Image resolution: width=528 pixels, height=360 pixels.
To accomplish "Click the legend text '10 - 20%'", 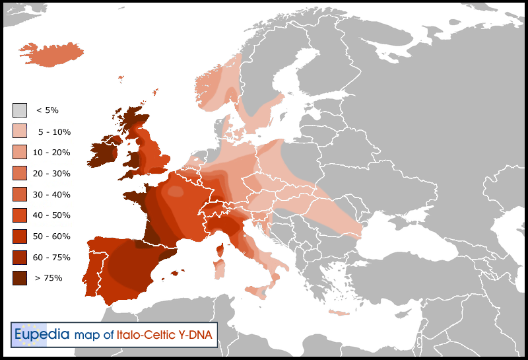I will tap(51, 153).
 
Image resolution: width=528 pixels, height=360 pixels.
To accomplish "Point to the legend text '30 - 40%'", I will tap(51, 195).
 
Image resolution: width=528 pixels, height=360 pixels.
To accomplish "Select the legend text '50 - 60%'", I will tap(51, 236).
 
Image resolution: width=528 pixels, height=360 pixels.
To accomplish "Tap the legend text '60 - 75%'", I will tap(51, 258).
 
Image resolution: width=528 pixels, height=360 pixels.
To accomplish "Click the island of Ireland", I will tap(104, 152).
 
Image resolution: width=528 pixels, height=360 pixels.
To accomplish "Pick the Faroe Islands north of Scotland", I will tap(121, 79).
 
